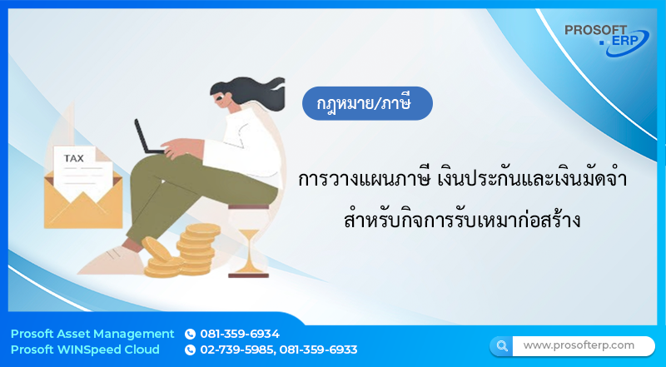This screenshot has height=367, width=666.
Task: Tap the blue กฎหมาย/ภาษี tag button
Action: (367, 105)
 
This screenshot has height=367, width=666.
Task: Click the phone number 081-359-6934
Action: (240, 334)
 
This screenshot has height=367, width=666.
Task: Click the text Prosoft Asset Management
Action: (92, 334)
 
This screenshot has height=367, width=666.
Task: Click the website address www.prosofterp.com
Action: (579, 345)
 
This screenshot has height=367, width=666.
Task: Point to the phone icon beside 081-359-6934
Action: (190, 334)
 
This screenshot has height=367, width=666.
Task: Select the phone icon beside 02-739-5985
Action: (190, 350)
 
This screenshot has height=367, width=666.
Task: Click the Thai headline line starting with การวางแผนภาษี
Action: (462, 181)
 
